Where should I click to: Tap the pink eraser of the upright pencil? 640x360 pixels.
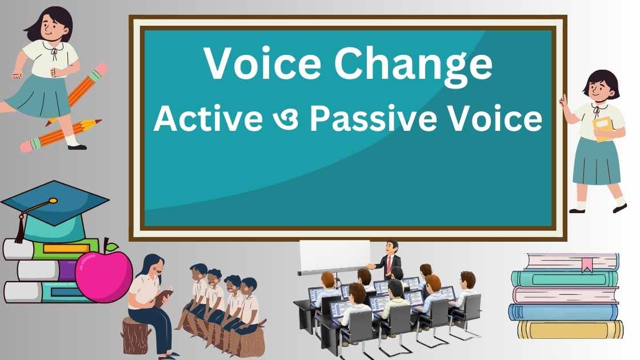(x=98, y=70)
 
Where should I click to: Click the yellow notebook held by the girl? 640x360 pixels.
(x=602, y=129)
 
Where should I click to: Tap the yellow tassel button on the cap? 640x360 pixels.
(x=53, y=201)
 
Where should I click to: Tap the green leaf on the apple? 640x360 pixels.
(x=113, y=247)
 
